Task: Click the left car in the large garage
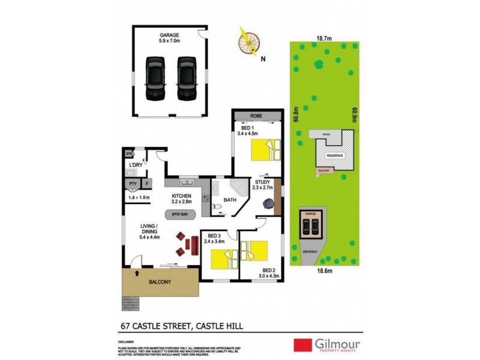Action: [155, 79]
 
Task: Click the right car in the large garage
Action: [186, 79]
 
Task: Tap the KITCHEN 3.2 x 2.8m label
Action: [182, 200]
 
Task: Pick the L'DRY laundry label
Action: [136, 165]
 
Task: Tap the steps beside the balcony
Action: [130, 301]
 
